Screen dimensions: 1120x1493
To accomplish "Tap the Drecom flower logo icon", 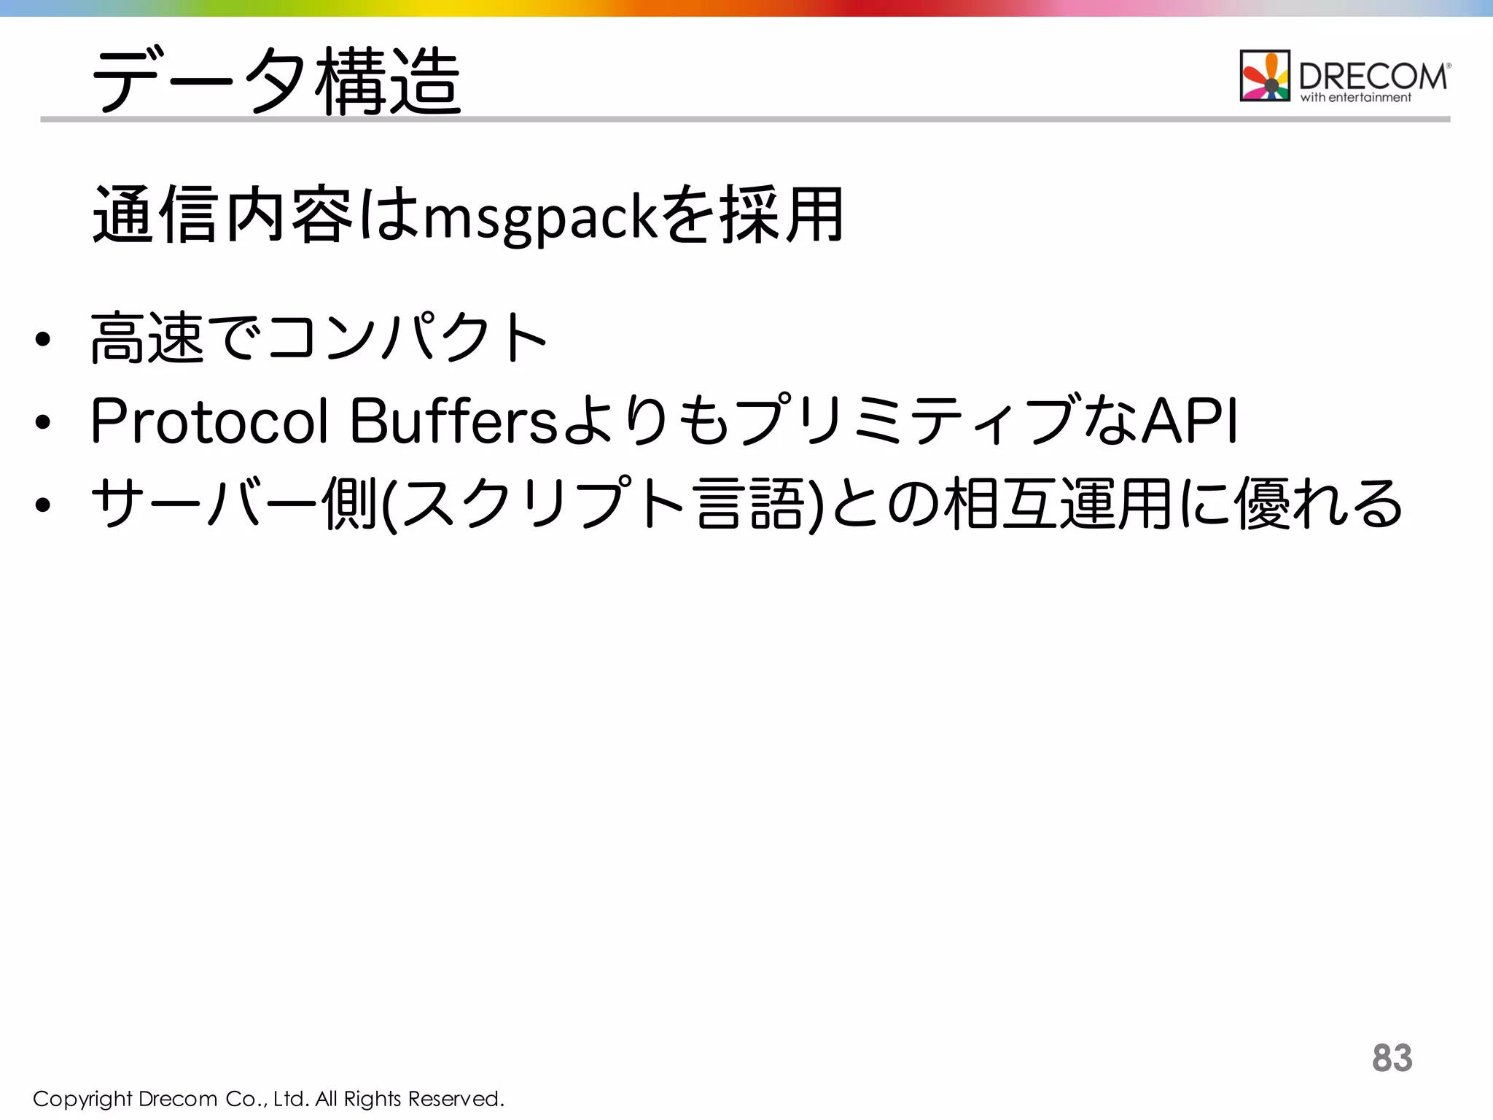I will coord(1265,76).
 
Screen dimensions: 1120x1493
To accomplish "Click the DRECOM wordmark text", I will coord(1373,76).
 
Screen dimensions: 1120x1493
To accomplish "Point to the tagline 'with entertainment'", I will coord(1356,98).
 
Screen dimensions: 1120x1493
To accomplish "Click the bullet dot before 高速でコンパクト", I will coord(43,339).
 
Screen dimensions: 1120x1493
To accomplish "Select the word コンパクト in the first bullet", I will coord(408,337).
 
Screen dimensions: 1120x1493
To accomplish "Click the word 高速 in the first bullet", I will coord(147,337).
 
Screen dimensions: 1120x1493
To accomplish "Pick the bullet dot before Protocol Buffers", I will coord(43,422).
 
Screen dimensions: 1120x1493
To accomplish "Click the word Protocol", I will coord(209,421).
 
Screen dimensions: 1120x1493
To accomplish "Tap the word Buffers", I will coord(453,421).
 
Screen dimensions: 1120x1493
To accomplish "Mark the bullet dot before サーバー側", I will coord(43,505).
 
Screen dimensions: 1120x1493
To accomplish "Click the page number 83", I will coord(1392,1057).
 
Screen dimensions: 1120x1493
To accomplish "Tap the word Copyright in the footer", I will coord(82,1099).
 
